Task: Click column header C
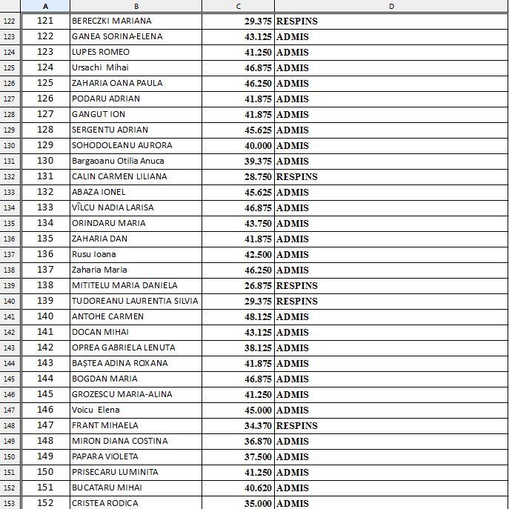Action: point(238,6)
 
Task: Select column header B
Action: point(136,6)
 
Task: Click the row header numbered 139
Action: point(10,285)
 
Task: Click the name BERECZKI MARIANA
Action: point(111,21)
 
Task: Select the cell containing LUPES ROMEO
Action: point(100,52)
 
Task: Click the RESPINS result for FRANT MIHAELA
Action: point(296,425)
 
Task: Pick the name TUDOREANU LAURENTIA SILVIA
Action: point(134,301)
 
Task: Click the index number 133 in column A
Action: point(45,207)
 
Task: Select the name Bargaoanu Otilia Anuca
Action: point(118,161)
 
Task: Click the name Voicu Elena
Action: point(96,410)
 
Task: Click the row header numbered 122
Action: point(10,21)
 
